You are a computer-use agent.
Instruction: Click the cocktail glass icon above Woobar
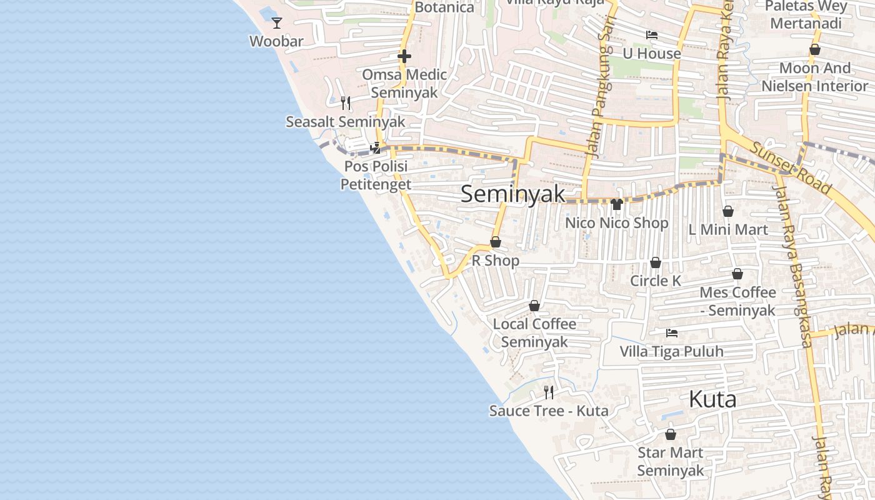click(276, 23)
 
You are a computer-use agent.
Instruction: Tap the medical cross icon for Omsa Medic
click(404, 57)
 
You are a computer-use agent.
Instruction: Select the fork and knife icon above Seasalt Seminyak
click(345, 103)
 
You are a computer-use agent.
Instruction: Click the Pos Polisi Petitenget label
click(376, 175)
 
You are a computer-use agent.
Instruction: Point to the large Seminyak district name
click(512, 194)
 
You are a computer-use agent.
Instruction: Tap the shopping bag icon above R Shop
click(496, 242)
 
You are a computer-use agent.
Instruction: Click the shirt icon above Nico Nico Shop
click(617, 204)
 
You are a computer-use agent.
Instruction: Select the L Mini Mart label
click(728, 229)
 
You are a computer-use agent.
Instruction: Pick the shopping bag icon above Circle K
click(656, 262)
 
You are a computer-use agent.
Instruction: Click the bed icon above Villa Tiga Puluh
click(672, 333)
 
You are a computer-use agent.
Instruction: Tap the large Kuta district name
click(712, 399)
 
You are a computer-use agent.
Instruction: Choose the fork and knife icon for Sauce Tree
click(549, 392)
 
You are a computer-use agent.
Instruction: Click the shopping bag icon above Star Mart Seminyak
click(671, 434)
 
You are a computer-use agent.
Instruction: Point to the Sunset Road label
click(791, 167)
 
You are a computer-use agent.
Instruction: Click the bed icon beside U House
click(652, 35)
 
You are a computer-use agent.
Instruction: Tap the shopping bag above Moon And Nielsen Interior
click(815, 49)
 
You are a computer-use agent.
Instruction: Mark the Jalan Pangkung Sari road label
click(599, 87)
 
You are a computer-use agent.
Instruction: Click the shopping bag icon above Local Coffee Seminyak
click(534, 306)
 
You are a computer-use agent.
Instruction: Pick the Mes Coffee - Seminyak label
click(737, 301)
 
